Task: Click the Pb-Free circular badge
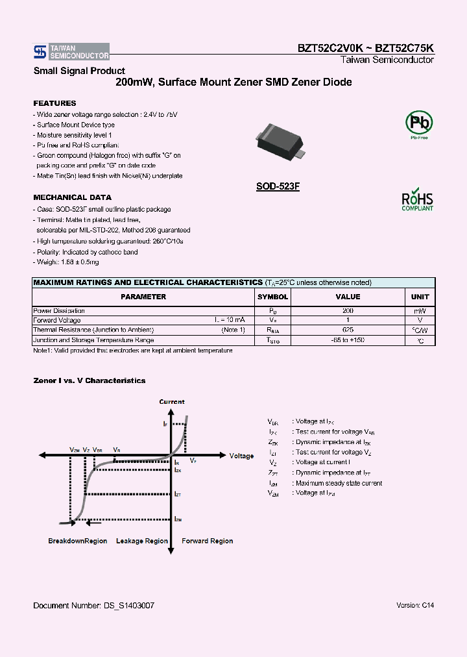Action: pos(418,123)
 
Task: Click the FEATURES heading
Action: pos(54,103)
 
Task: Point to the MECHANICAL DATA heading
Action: pos(72,197)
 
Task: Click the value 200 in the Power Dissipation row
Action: pos(348,311)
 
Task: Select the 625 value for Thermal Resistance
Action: pos(348,330)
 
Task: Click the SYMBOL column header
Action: pos(273,297)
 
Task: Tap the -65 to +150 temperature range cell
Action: pos(348,340)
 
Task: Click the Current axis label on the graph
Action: pos(172,402)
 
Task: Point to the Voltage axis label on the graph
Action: pos(242,456)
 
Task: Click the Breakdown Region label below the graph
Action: pos(78,541)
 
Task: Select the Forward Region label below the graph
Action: pos(208,541)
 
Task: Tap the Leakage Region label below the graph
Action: pos(142,541)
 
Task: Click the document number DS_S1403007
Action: pos(93,605)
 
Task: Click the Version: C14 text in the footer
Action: pos(415,605)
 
